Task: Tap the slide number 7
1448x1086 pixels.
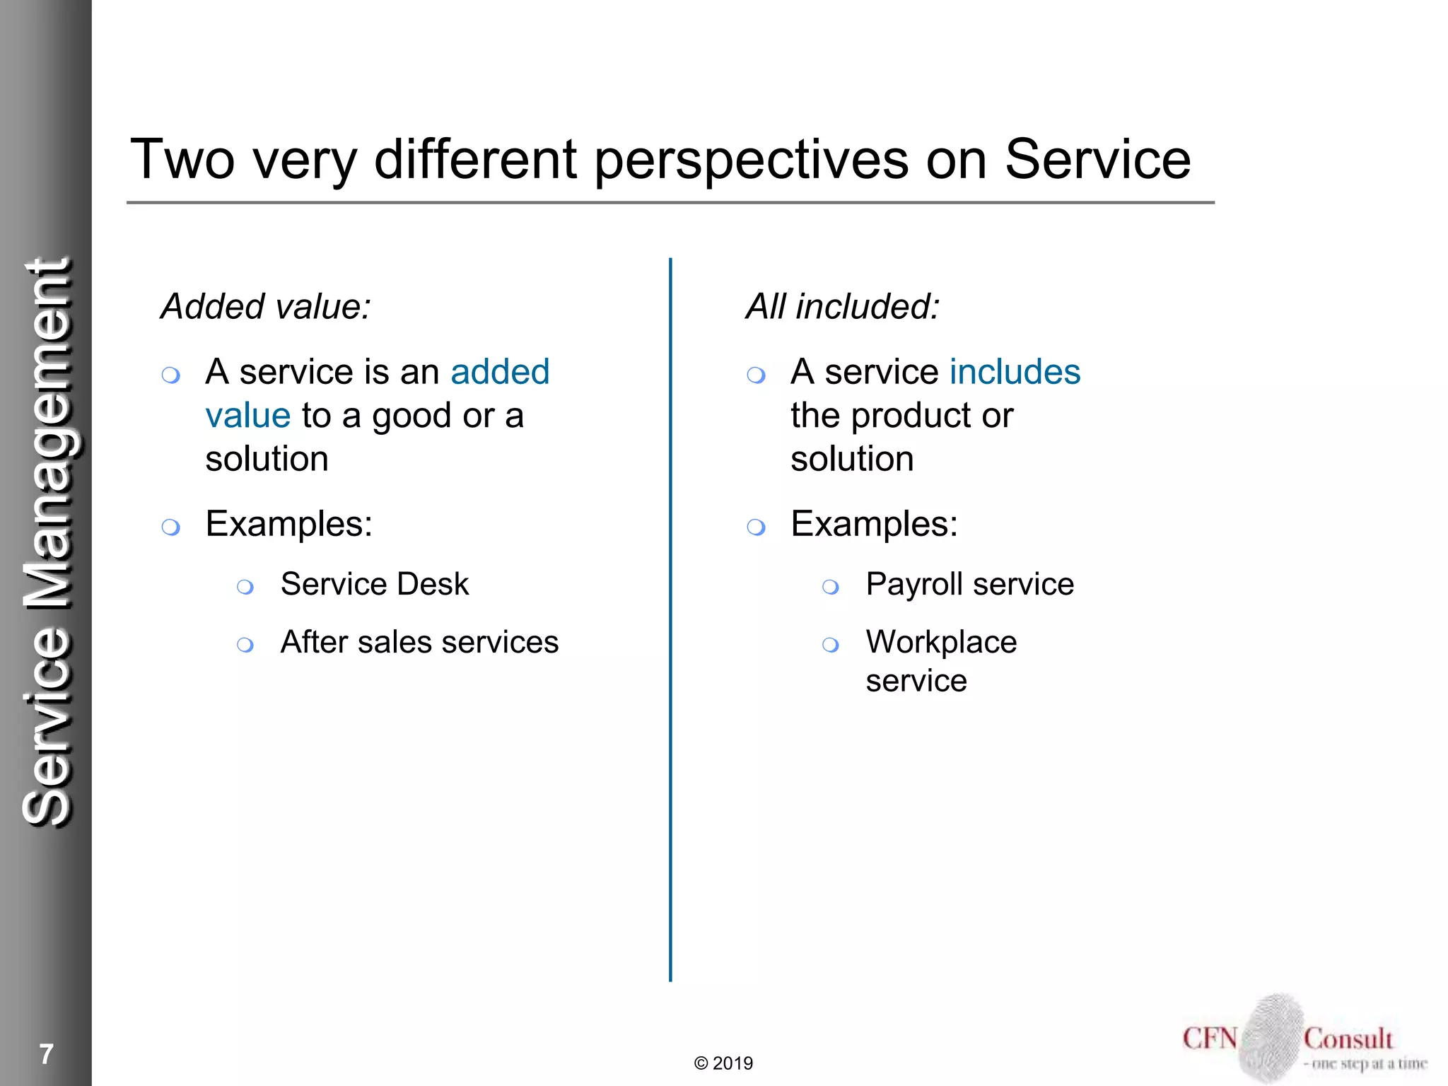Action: click(x=47, y=1054)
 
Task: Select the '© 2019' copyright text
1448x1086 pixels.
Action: click(x=723, y=1063)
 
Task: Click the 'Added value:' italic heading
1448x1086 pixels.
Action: click(x=266, y=307)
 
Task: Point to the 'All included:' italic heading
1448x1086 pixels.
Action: click(x=843, y=307)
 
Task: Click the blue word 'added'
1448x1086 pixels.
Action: click(x=500, y=372)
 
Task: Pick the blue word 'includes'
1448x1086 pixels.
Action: click(x=1015, y=372)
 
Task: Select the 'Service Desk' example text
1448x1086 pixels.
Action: click(x=374, y=585)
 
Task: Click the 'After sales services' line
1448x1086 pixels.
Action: click(x=419, y=643)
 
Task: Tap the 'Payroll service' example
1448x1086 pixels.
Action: click(x=969, y=585)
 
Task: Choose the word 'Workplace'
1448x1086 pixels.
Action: click(x=941, y=643)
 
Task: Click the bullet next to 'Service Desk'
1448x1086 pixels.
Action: click(x=245, y=587)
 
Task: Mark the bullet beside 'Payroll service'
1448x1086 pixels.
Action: click(x=831, y=587)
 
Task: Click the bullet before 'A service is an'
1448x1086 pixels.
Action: click(x=171, y=375)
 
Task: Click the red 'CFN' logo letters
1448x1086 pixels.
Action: click(x=1210, y=1039)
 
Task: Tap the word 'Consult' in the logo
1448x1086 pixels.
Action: click(x=1348, y=1039)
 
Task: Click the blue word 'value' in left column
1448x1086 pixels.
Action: click(x=248, y=416)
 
